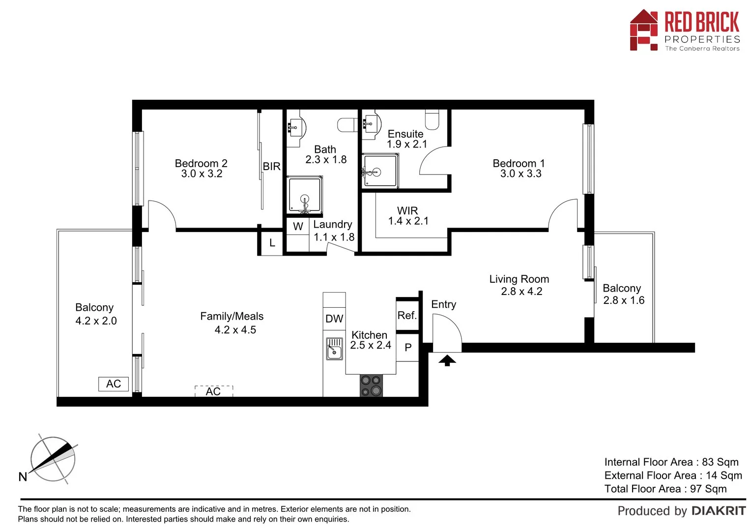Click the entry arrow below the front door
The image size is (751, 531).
(447, 361)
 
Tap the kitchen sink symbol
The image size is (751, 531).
(334, 349)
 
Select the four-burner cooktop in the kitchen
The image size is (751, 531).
(371, 385)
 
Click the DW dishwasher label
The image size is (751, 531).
(334, 319)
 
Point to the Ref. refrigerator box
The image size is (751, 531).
(407, 316)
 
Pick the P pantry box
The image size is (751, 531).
(407, 348)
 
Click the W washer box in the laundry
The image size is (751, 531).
(298, 227)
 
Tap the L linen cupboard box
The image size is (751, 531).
(272, 243)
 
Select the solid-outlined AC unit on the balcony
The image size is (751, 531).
(114, 384)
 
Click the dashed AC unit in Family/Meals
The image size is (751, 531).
(213, 391)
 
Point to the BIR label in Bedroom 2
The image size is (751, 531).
(271, 167)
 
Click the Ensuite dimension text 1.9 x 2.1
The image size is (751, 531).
(407, 145)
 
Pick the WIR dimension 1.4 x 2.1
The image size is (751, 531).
(408, 221)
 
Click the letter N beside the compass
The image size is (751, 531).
(23, 476)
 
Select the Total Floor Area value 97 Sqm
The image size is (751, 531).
(708, 489)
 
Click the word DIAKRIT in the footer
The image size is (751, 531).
(719, 511)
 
